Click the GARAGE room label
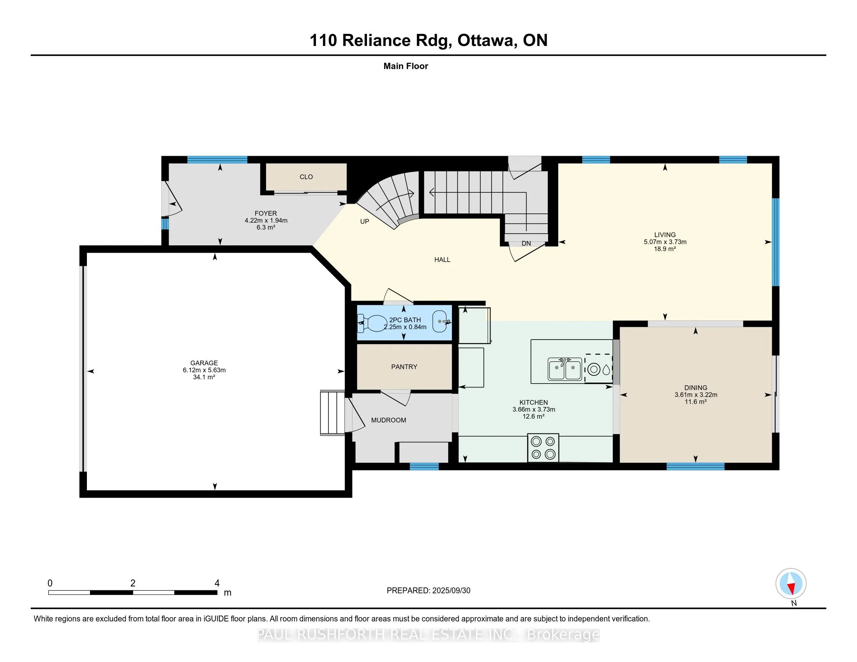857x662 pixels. [x=204, y=363]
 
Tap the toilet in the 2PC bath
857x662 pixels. [x=372, y=323]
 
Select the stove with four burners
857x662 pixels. [x=543, y=448]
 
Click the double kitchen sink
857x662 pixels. [x=565, y=369]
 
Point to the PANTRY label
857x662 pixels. [x=404, y=367]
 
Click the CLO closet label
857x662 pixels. [x=306, y=177]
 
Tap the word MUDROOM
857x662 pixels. [x=388, y=420]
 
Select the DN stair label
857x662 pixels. [x=526, y=243]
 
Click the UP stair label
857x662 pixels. [x=365, y=222]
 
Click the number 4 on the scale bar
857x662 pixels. [x=217, y=583]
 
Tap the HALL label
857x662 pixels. [x=442, y=260]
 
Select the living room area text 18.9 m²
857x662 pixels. [x=665, y=249]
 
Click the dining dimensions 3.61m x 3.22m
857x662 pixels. [x=696, y=394]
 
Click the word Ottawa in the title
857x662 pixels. [x=485, y=40]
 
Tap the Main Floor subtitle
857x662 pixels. [x=406, y=66]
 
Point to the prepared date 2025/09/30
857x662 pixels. [x=451, y=591]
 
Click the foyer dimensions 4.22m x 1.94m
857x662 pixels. [x=266, y=220]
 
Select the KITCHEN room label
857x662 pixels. [x=534, y=402]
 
